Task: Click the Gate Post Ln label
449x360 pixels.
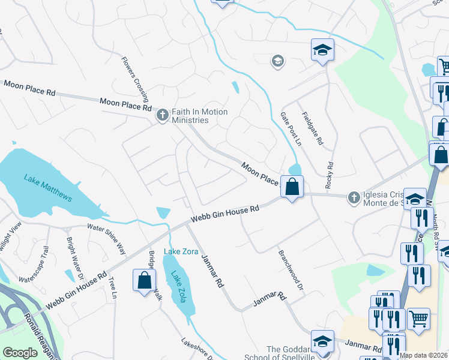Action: point(291,128)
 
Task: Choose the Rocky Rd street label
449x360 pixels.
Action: point(330,175)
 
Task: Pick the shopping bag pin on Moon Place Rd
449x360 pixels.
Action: point(292,187)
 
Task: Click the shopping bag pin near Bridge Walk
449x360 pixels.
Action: point(145,280)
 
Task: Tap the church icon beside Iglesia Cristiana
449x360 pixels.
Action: point(354,196)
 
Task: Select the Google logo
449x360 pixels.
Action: point(20,353)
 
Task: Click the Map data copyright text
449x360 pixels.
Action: point(424,355)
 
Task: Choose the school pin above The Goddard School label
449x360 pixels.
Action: point(322,340)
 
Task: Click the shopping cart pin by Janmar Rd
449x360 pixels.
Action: point(418,318)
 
